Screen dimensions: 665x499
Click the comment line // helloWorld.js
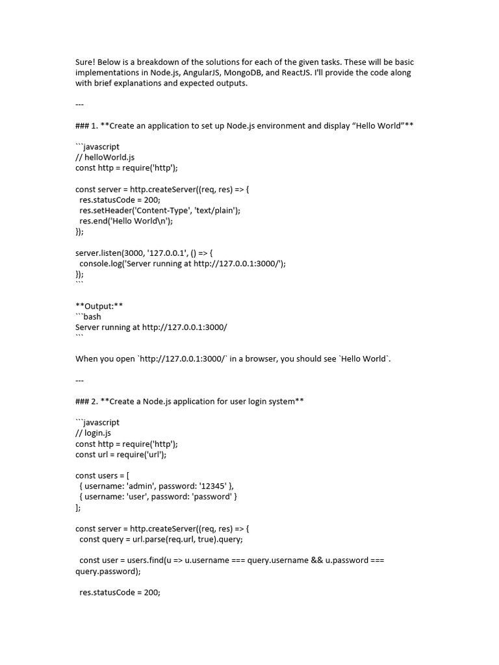(105, 157)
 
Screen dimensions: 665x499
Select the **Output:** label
(99, 306)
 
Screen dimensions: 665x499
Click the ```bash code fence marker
(88, 316)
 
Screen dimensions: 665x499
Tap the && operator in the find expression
(316, 560)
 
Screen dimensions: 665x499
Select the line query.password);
(107, 571)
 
